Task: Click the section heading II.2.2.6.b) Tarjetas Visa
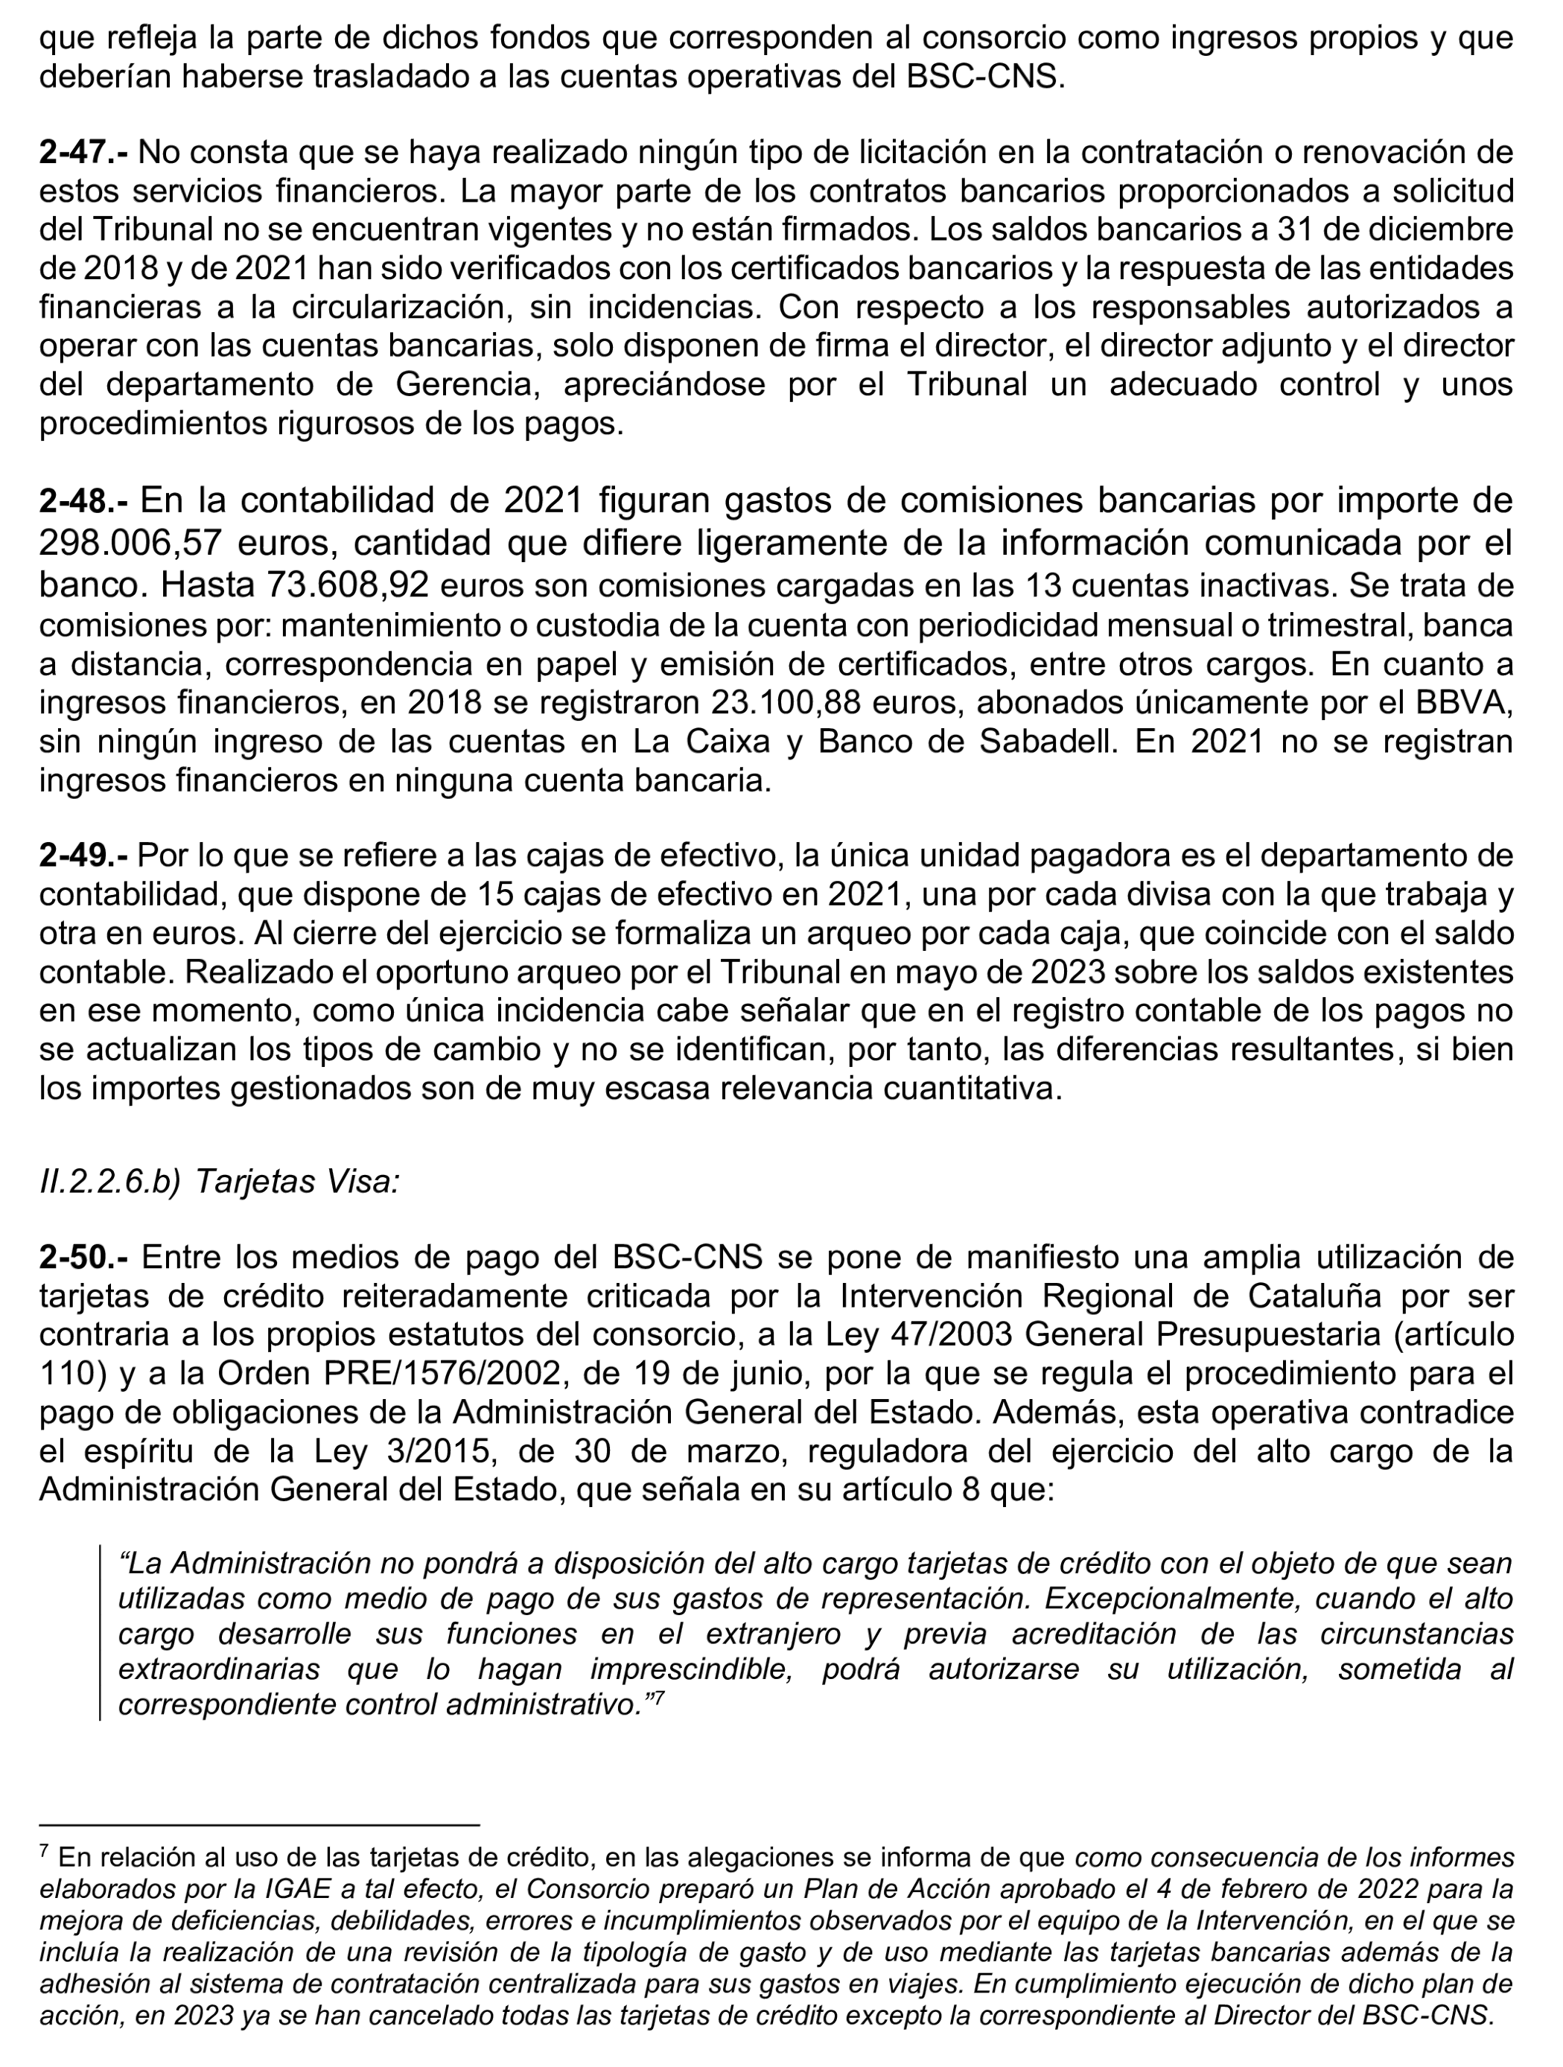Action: pos(220,1182)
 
